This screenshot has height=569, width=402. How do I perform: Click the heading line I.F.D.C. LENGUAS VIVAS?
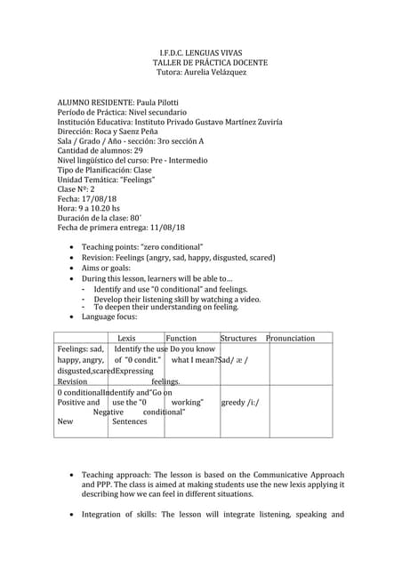point(200,53)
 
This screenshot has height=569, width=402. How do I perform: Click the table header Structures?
point(238,339)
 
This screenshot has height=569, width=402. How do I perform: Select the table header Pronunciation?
point(290,339)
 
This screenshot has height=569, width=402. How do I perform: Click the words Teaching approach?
point(117,476)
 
